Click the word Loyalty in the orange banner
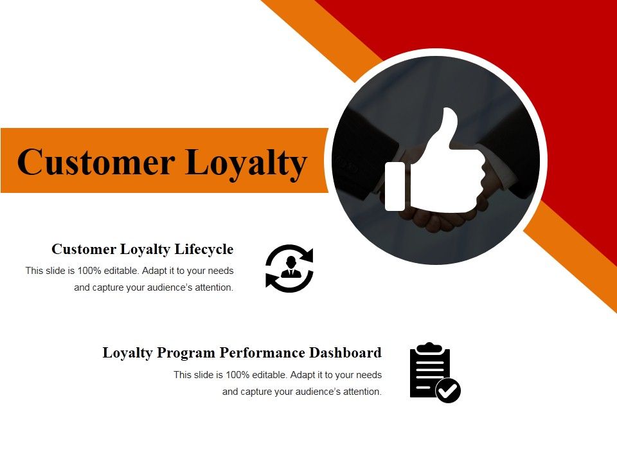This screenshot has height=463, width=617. (x=246, y=163)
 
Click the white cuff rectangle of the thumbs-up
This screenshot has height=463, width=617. (x=395, y=186)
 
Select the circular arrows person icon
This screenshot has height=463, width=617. (x=289, y=268)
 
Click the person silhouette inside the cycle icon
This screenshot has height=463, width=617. (x=290, y=266)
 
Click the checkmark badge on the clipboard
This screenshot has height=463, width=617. (x=448, y=390)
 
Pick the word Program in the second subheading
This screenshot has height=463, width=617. (x=189, y=354)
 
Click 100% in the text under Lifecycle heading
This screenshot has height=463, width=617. (x=90, y=271)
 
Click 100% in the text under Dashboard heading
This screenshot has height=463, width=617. (x=238, y=375)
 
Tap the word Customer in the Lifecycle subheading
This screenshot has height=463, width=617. (x=78, y=250)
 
